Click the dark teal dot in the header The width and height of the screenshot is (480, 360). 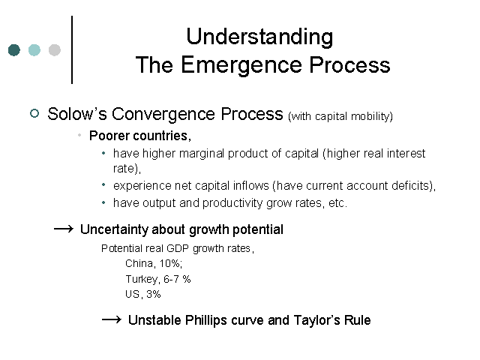[x=14, y=50]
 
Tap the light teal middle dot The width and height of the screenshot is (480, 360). [x=34, y=50]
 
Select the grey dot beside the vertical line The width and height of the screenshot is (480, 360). [x=55, y=50]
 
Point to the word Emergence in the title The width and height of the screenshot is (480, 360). [x=241, y=65]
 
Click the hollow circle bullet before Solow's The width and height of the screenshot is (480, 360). [x=34, y=113]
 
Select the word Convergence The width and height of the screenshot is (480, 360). [x=163, y=115]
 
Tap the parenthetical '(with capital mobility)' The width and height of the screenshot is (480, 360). [x=340, y=116]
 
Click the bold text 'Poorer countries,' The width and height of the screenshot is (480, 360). [x=140, y=136]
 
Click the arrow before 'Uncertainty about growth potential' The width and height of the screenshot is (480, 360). [x=64, y=229]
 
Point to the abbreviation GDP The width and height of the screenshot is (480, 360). [x=178, y=248]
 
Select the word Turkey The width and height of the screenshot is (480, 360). [x=142, y=280]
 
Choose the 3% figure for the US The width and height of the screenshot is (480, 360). [x=153, y=294]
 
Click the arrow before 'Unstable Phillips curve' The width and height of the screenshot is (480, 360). [x=112, y=320]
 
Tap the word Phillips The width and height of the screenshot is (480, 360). [x=205, y=320]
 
